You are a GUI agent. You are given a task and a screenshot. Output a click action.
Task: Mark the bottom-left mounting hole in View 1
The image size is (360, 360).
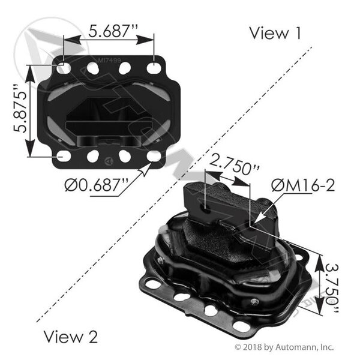click(x=63, y=157)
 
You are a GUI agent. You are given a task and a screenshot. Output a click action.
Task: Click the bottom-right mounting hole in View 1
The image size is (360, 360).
click(x=154, y=157)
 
